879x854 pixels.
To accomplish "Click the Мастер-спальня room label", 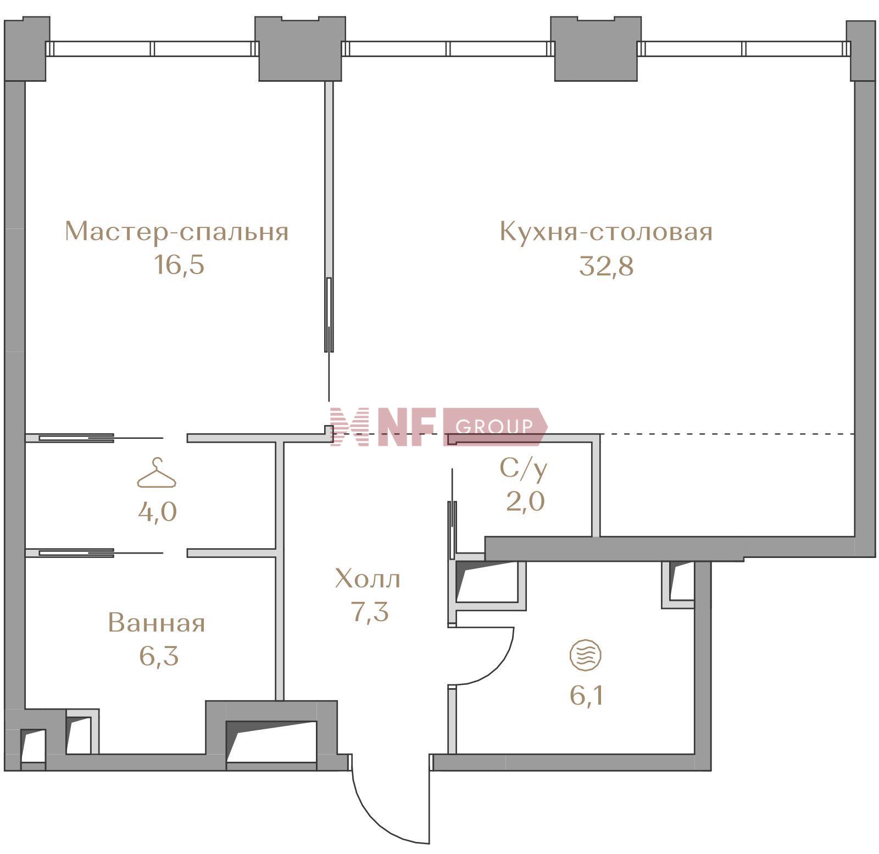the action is coord(176,231).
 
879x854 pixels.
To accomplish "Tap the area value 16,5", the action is coord(179,265).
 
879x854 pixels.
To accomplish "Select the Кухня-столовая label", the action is coord(606,231).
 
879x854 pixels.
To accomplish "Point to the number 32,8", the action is coord(607,266).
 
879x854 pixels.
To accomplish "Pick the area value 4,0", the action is coord(157,512).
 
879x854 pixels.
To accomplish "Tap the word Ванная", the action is coord(157,623).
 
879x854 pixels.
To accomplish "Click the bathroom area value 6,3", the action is coord(159,656).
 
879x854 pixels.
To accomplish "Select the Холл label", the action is coord(368,579).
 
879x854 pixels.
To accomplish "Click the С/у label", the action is coord(524,468).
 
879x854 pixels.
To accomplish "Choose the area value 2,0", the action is coord(525,501).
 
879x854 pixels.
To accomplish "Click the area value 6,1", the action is coord(587,696).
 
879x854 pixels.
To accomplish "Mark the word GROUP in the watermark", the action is coord(494,426).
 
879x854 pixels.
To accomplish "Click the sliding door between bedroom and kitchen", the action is coord(329,314).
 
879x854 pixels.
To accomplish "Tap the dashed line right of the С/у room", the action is coord(727,434).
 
